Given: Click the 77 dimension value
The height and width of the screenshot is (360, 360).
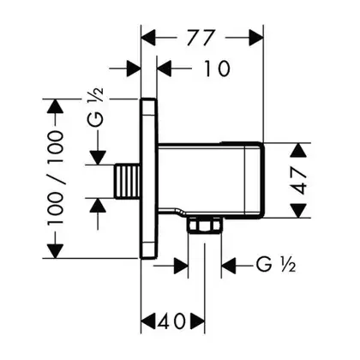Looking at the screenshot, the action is tap(201, 38).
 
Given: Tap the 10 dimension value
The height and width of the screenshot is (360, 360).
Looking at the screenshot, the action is tap(217, 69).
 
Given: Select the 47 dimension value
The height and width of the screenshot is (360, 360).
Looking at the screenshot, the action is tap(299, 180).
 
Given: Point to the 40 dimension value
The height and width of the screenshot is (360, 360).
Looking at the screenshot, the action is tap(173, 321).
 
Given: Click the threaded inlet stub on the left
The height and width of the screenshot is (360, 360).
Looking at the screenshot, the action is tap(128, 181).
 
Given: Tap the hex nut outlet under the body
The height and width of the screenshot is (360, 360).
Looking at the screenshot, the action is tap(205, 225).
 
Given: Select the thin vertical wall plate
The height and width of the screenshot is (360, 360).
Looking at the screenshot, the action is tap(149, 179).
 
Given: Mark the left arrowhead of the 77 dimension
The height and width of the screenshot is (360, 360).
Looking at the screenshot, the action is tap(149, 38).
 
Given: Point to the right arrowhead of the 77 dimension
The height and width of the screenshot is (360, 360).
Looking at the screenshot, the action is tap(255, 38).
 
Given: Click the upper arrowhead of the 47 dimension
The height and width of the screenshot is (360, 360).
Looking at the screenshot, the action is tap(299, 150).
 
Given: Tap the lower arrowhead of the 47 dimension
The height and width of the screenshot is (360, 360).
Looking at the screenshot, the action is tap(299, 211).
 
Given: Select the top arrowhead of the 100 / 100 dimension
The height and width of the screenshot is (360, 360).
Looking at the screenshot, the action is tap(55, 106).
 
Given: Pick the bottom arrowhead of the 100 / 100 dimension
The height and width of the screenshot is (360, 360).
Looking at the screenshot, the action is tap(55, 250).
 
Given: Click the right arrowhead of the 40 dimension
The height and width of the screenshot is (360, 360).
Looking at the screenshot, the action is tap(197, 321).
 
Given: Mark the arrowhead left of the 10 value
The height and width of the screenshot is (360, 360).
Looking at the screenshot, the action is tap(165, 69).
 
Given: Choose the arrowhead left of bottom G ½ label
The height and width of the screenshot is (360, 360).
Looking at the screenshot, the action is tap(229, 266).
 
